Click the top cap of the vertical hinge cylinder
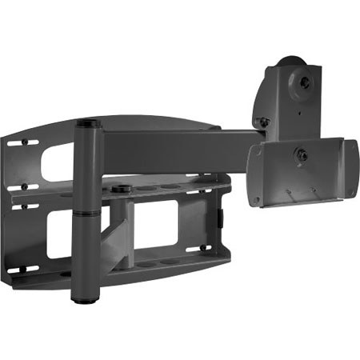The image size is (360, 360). [87, 123]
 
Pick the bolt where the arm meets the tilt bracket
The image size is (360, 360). [261, 122]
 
